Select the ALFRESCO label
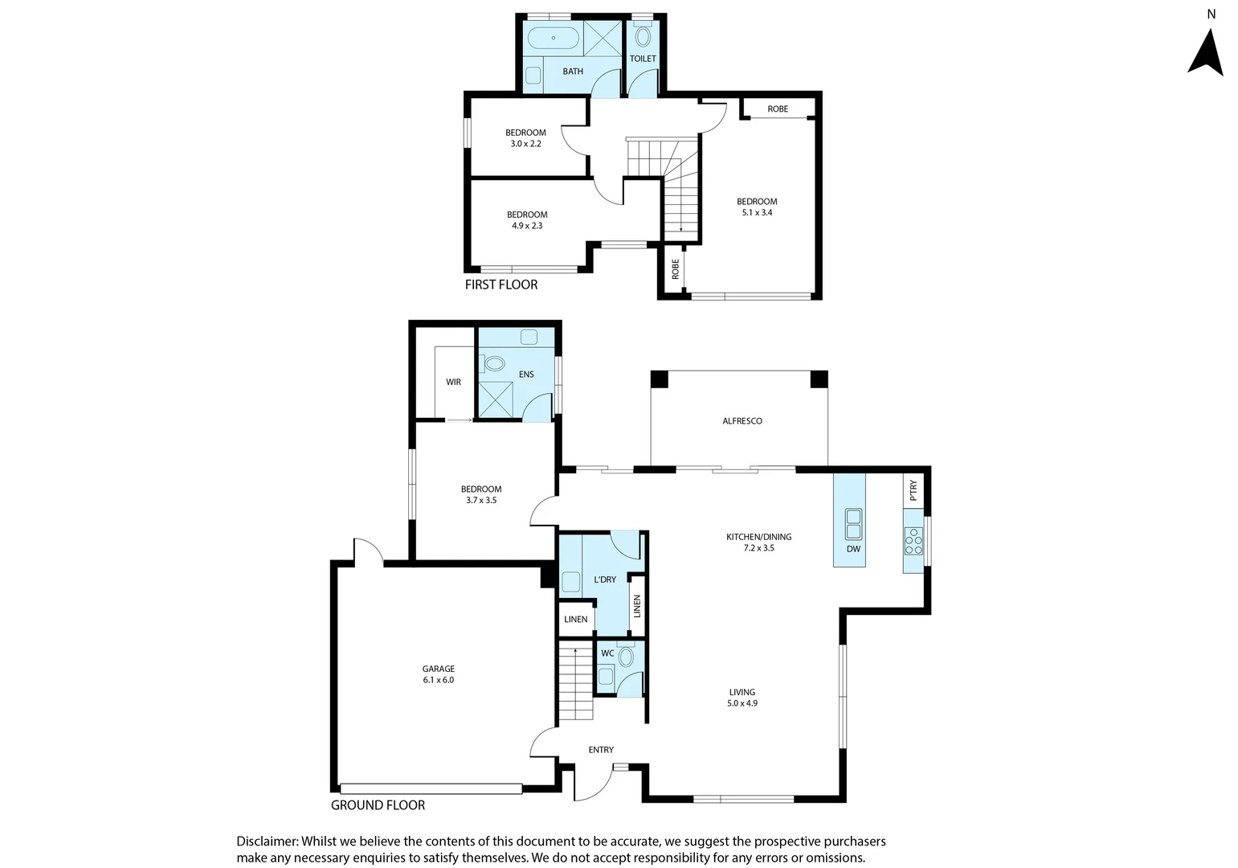[x=742, y=421]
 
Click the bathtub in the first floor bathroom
[x=551, y=38]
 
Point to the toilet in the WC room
[x=626, y=658]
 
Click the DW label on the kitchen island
[x=852, y=549]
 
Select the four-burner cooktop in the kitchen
[x=913, y=541]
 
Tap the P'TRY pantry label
[x=913, y=490]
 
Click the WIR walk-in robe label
[x=453, y=383]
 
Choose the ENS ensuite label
[x=526, y=375]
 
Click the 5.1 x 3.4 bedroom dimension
[x=757, y=213]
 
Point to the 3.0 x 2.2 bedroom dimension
[x=526, y=144]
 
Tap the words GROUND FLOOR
[x=378, y=805]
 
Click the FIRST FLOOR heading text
[x=501, y=285]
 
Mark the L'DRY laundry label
[x=605, y=579]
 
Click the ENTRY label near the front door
[x=601, y=750]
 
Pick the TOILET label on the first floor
[x=643, y=59]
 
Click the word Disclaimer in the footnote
[x=266, y=841]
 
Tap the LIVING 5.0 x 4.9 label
[x=742, y=698]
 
